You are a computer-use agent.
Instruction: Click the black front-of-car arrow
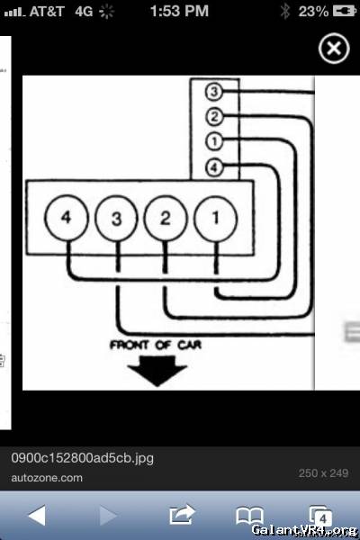pos(157,370)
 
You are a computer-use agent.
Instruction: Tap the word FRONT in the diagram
pos(130,345)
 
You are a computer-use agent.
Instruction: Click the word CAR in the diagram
pos(189,345)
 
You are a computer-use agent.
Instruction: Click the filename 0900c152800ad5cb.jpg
pos(82,458)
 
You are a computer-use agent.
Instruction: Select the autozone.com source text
pos(47,478)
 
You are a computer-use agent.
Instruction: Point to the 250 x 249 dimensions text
pos(323,473)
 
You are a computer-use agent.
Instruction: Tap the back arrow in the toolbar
pos(37,516)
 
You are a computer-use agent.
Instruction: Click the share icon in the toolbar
pos(182,515)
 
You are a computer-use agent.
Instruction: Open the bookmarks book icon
pos(249,516)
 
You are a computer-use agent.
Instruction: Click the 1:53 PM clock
pos(179,11)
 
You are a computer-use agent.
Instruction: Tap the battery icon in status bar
pos(345,12)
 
